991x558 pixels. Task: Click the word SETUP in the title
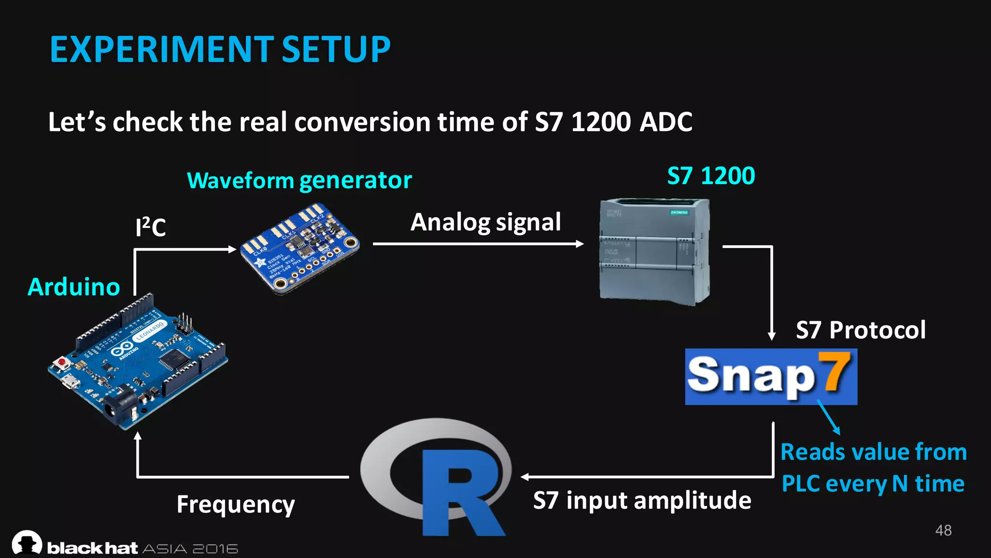coord(336,49)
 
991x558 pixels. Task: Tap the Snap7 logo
coord(770,376)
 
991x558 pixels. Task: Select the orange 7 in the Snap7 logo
coord(834,372)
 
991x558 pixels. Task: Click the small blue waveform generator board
coord(300,248)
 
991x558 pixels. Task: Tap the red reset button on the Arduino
coord(62,362)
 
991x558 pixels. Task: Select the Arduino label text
coord(74,287)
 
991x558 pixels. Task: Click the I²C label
coord(150,227)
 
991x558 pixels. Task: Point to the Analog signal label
coord(485,222)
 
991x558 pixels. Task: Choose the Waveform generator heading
coord(299,180)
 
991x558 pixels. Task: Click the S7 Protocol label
coord(860,330)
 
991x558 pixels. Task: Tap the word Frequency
coord(236,504)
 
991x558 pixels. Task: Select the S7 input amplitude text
coord(642,500)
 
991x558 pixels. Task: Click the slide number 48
coord(943,530)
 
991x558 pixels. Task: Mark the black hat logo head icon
coord(27,542)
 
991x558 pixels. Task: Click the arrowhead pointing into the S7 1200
coord(580,244)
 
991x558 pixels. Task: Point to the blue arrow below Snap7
coord(828,417)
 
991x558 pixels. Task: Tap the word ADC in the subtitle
coord(666,122)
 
